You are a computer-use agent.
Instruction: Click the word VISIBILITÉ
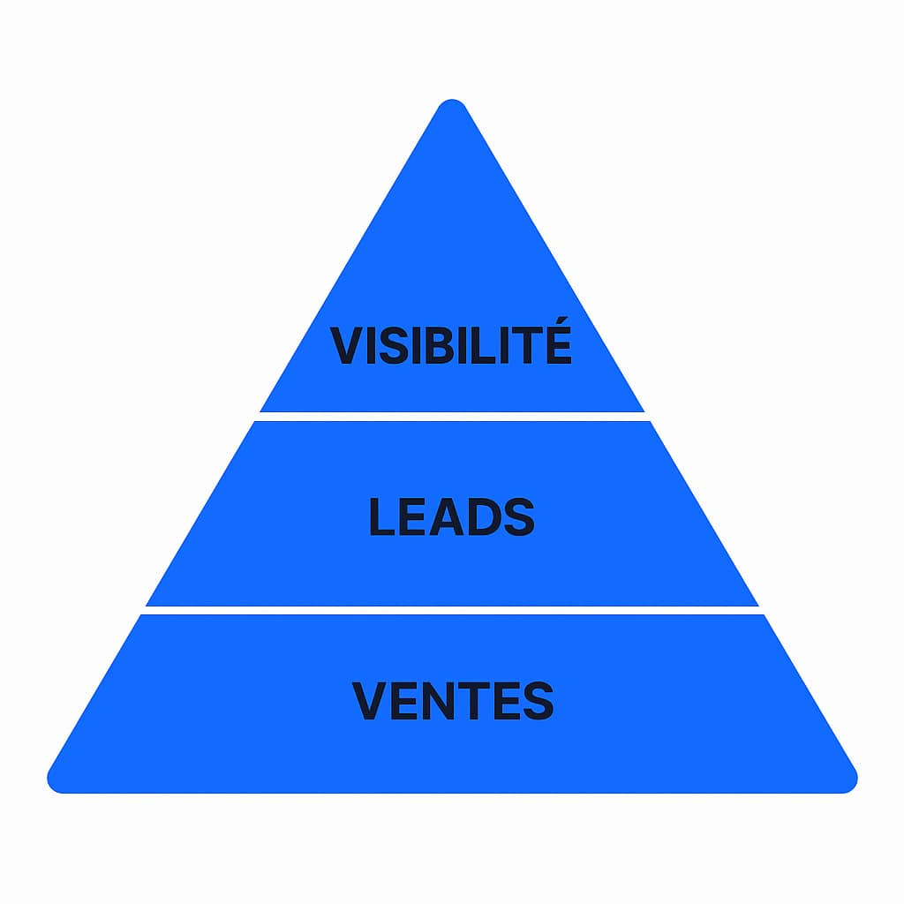point(451,345)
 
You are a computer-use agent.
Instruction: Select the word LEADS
point(451,518)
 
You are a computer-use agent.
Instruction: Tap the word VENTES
point(452,701)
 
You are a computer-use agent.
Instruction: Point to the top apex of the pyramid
point(452,108)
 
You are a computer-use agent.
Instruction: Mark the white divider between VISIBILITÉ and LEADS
point(452,416)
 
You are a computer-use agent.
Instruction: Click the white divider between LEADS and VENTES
point(452,610)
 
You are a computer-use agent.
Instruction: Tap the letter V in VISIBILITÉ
point(346,346)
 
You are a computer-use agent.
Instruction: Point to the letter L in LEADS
point(381,518)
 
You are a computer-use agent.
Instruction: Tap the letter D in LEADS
point(481,518)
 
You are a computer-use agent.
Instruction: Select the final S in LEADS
point(518,518)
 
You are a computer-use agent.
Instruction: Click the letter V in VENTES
point(369,701)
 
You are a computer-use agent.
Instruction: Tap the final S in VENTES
point(538,701)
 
